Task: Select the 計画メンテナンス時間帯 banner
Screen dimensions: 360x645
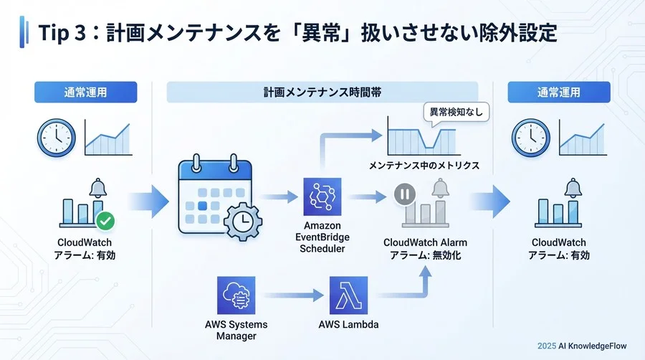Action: click(x=322, y=93)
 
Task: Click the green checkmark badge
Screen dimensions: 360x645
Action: click(x=105, y=219)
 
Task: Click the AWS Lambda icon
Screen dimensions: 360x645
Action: click(x=349, y=295)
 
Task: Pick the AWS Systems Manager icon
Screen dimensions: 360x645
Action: click(x=236, y=295)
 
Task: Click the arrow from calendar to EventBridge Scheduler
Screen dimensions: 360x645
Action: click(x=279, y=196)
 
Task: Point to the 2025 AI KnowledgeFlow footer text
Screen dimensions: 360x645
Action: click(x=582, y=346)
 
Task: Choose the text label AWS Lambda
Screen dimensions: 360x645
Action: click(x=349, y=325)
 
